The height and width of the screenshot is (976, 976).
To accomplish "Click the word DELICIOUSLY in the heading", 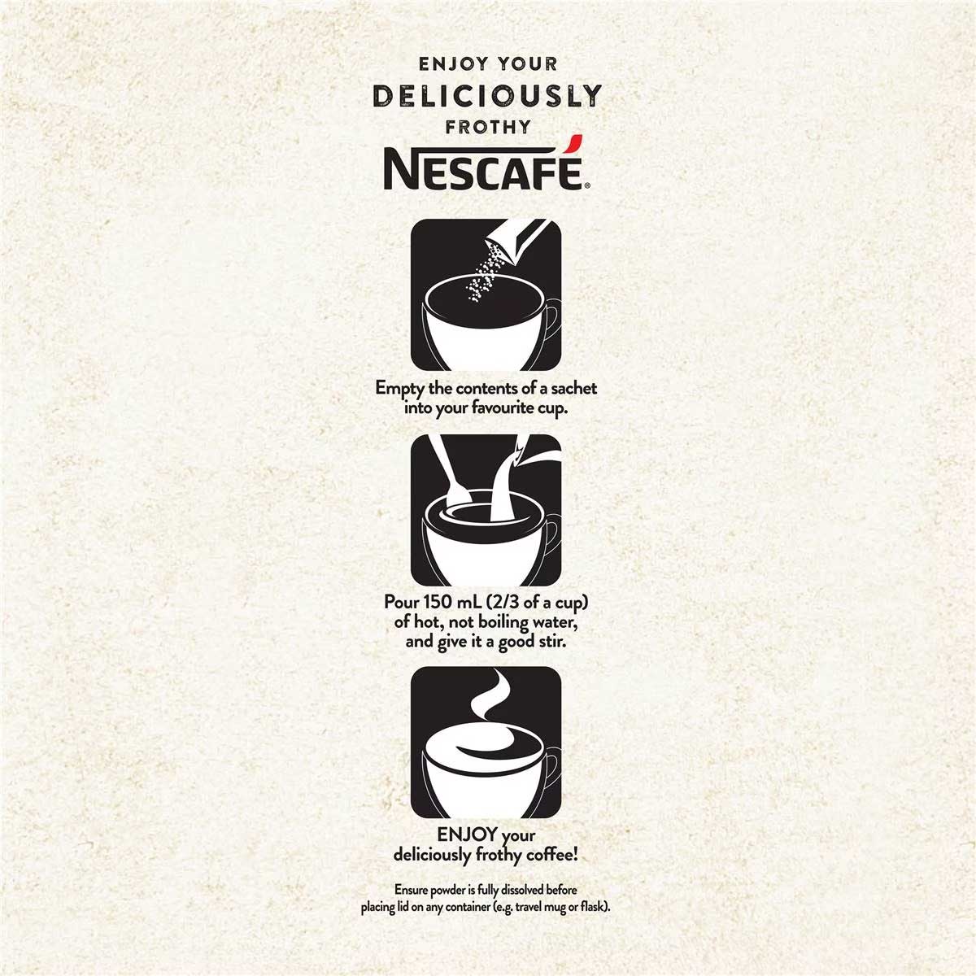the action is (x=487, y=96).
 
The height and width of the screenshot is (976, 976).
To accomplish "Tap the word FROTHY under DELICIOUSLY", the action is (x=488, y=127).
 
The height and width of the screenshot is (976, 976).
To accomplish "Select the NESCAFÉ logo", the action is (x=486, y=163).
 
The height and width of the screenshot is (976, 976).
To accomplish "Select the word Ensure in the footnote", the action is (x=412, y=890).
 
